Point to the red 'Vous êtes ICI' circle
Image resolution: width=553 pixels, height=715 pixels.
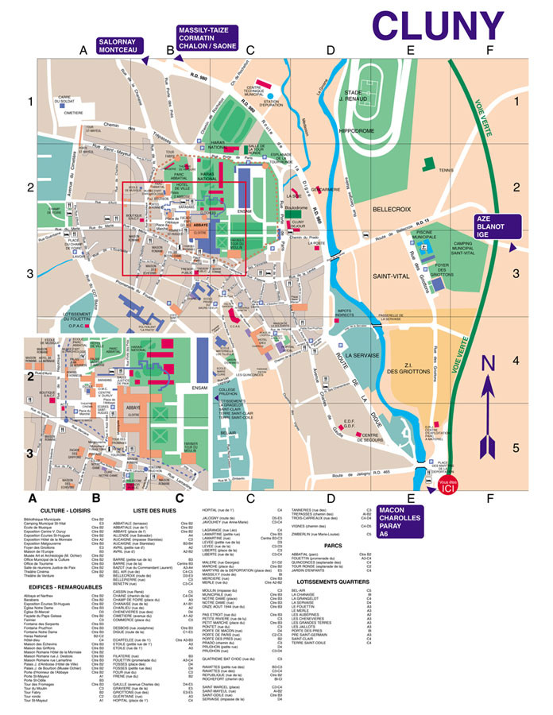pos(447,486)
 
